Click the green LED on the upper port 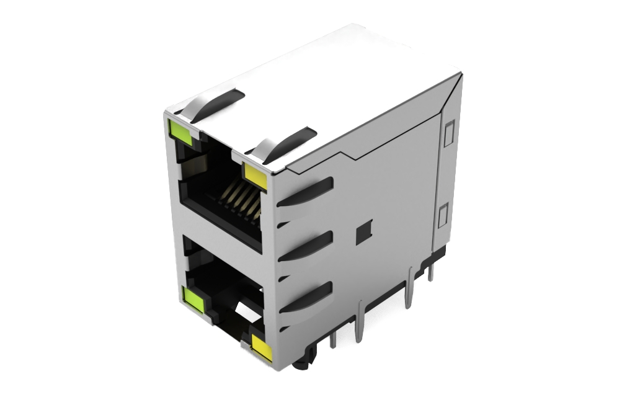pos(181,129)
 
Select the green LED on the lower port pos(193,298)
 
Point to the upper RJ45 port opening pos(217,186)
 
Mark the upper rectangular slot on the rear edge pos(449,133)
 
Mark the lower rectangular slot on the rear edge pos(443,216)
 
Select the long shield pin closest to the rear pos(409,289)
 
